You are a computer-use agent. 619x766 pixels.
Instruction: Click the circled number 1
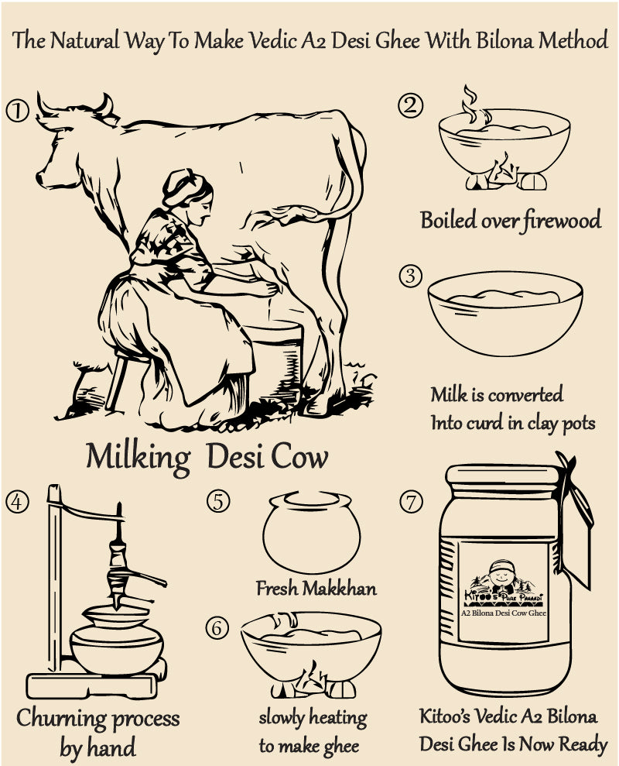point(17,111)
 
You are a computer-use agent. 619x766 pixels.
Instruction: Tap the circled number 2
point(411,105)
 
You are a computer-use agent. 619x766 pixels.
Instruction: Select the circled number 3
point(411,276)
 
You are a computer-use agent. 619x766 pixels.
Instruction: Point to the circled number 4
point(17,502)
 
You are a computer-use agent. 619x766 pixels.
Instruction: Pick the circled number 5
point(218,501)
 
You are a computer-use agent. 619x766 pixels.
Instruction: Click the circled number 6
point(217,628)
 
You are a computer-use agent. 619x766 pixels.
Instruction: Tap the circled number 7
point(411,502)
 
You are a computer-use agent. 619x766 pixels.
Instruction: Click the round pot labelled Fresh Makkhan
point(312,532)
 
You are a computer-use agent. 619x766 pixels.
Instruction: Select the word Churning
point(60,719)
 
